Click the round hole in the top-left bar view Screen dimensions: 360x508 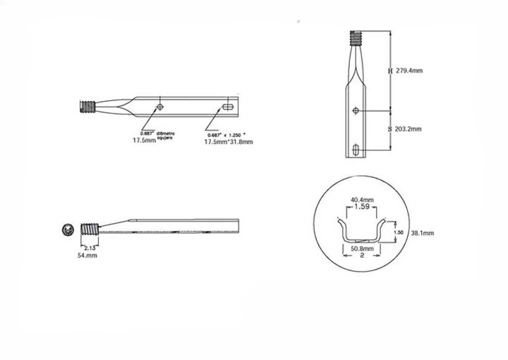[x=161, y=107]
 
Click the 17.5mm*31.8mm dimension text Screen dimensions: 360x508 [x=228, y=142]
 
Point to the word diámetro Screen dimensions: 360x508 [x=167, y=133]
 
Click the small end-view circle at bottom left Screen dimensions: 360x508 [x=68, y=229]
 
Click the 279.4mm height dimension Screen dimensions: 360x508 [x=409, y=71]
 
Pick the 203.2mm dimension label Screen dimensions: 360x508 [x=409, y=129]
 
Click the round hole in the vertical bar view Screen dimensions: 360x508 [x=358, y=110]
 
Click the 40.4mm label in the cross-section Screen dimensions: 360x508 [x=362, y=200]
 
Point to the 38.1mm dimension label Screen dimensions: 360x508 [x=422, y=232]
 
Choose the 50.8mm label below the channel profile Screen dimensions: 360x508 [x=362, y=248]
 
